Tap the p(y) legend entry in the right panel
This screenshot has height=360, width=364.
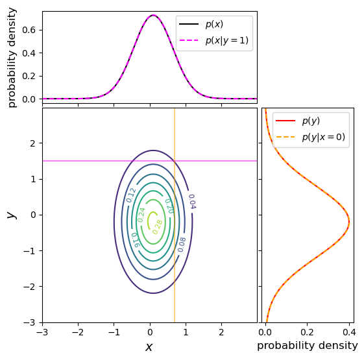tap(310, 121)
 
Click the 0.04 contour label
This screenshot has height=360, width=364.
tap(191, 201)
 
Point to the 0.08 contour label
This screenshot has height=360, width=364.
tap(182, 244)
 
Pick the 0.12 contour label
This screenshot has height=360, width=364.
tap(131, 195)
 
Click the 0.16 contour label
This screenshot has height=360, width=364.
tap(136, 239)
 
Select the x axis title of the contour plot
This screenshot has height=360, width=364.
tap(149, 347)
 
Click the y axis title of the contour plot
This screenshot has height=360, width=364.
tap(10, 215)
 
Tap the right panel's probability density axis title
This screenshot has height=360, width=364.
tap(307, 346)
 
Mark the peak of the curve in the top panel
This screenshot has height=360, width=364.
tap(152, 15)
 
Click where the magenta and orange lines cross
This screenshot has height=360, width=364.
tap(175, 161)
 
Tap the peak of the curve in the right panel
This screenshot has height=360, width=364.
tap(349, 221)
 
